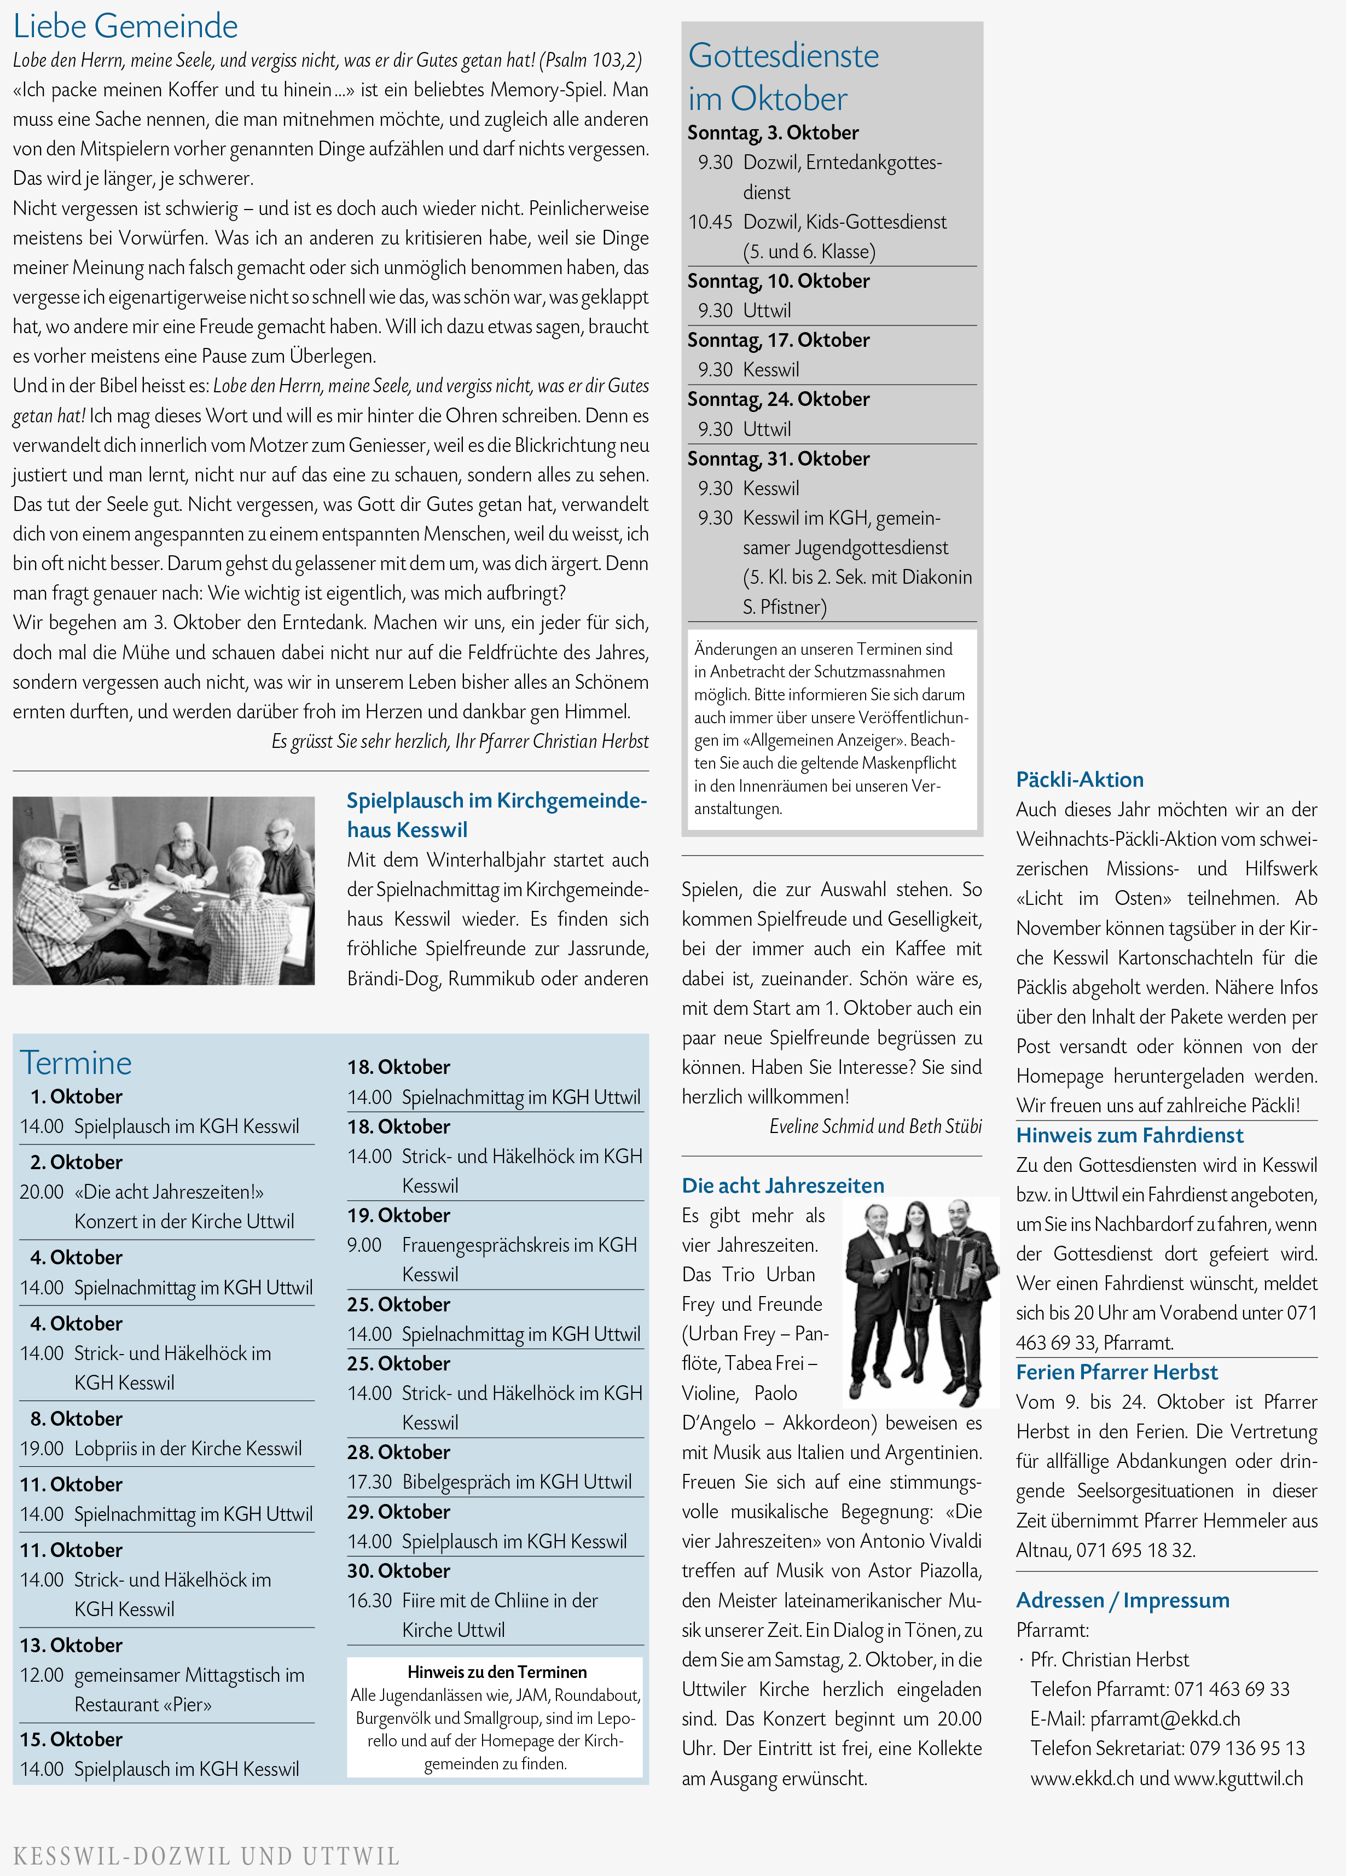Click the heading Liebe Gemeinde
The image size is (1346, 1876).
click(x=126, y=26)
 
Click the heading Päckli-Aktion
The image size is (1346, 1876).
click(x=1080, y=779)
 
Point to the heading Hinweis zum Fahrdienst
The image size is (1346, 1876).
click(x=1129, y=1135)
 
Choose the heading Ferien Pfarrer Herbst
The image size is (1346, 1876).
click(x=1116, y=1372)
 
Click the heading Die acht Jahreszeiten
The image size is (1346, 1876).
click(x=782, y=1186)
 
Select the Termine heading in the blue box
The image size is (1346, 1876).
click(x=76, y=1063)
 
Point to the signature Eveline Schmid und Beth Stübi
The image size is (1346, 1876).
click(x=875, y=1126)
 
